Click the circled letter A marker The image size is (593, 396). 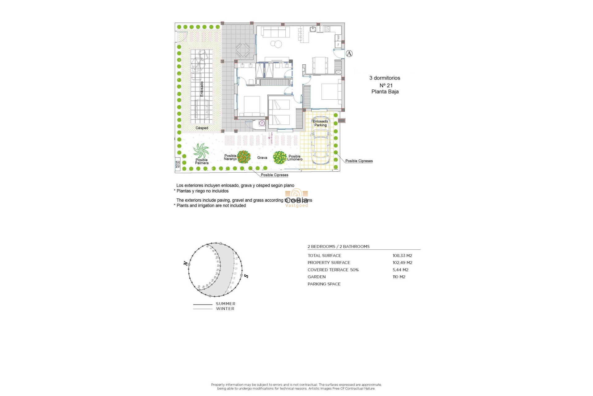click(349, 54)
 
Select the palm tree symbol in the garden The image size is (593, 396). click(201, 151)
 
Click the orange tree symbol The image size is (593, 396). click(244, 157)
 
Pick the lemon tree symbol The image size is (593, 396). click(280, 157)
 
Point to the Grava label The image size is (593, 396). click(262, 158)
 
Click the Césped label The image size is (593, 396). click(202, 128)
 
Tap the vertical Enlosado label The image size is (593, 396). click(202, 89)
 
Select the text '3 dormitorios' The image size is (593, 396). click(385, 78)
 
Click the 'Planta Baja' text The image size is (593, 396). click(385, 92)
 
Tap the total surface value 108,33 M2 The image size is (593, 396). click(402, 256)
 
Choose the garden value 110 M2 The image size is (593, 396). click(399, 277)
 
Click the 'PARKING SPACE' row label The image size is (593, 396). click(324, 284)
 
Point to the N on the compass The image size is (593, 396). click(185, 263)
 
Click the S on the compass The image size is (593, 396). click(246, 276)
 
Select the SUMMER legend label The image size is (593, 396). click(225, 304)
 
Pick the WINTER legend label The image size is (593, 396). click(225, 309)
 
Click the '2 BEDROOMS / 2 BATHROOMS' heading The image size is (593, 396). click(339, 247)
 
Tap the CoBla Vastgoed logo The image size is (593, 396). click(296, 198)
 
